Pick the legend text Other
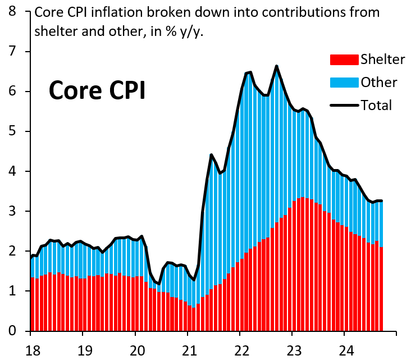point(379,83)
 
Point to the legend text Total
point(376,105)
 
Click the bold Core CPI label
point(97,90)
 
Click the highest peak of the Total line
point(276,66)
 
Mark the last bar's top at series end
point(382,201)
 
